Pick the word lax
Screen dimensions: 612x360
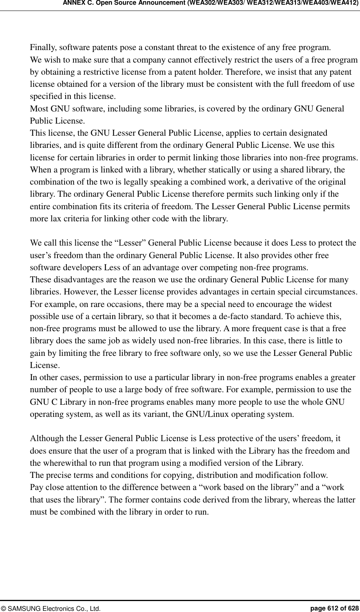(x=53, y=219)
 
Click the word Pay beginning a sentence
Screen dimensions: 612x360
(x=36, y=488)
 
